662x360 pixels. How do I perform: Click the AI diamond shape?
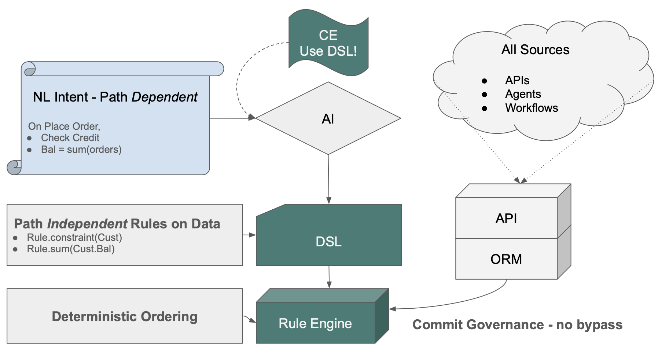pyautogui.click(x=328, y=118)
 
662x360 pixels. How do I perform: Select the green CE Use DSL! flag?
pyautogui.click(x=328, y=43)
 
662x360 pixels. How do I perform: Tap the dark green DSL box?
pyautogui.click(x=329, y=241)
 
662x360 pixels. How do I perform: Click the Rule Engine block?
pyautogui.click(x=315, y=323)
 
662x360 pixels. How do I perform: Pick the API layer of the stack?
pyautogui.click(x=506, y=218)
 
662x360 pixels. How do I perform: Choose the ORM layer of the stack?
pyautogui.click(x=506, y=259)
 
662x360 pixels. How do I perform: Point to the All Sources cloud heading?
pyautogui.click(x=535, y=49)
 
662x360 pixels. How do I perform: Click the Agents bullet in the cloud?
pyautogui.click(x=523, y=94)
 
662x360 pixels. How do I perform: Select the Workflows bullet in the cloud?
pyautogui.click(x=531, y=108)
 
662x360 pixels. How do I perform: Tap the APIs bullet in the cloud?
pyautogui.click(x=517, y=80)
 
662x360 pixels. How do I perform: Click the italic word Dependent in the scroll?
pyautogui.click(x=164, y=97)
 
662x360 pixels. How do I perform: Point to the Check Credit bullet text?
pyautogui.click(x=70, y=137)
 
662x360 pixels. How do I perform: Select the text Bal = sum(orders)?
pyautogui.click(x=81, y=150)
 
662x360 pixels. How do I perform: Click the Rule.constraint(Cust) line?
pyautogui.click(x=74, y=237)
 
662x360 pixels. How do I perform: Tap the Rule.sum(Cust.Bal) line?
pyautogui.click(x=71, y=249)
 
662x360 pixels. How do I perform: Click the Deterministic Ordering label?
pyautogui.click(x=125, y=316)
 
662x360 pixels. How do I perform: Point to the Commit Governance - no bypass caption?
pyautogui.click(x=517, y=324)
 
